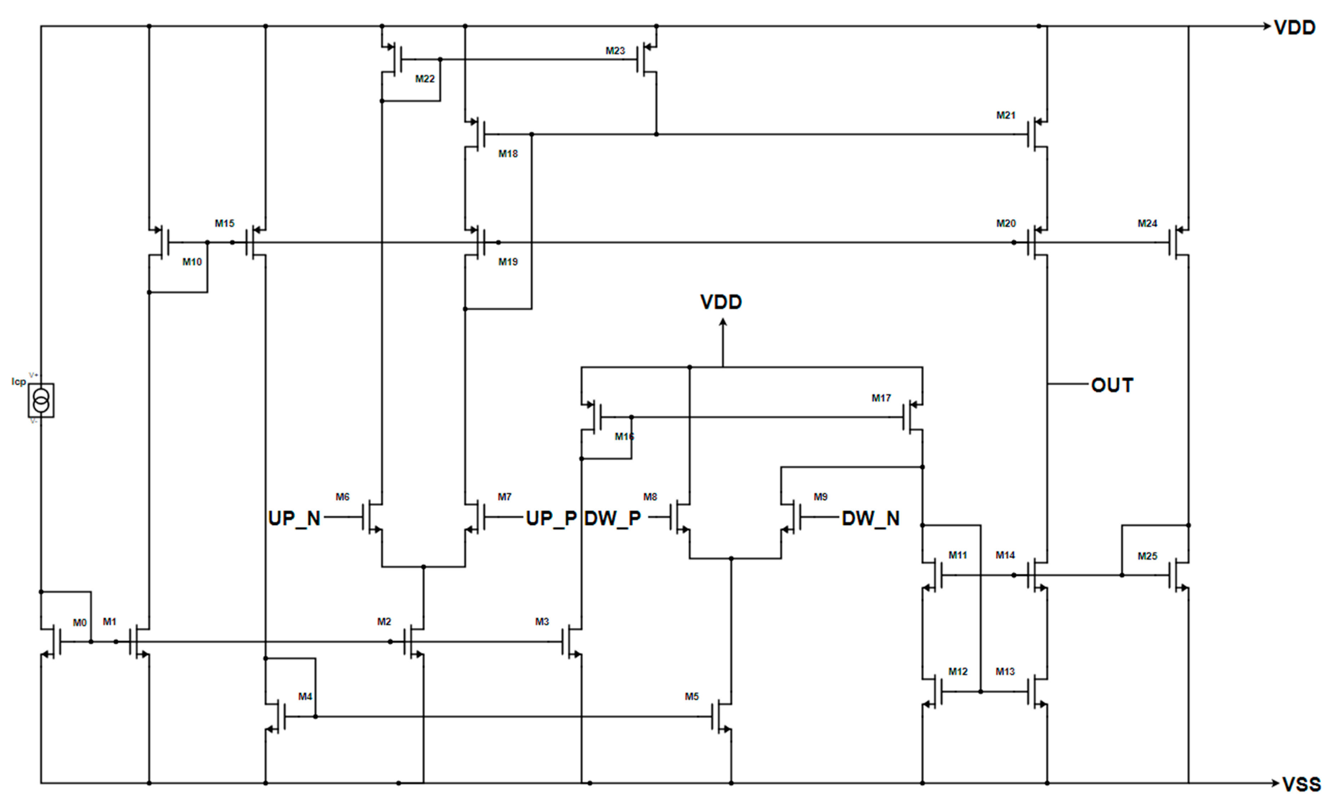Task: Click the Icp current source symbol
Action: [41, 400]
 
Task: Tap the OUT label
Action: [1112, 385]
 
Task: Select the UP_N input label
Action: [294, 518]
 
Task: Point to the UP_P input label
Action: [551, 518]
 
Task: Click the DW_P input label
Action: [613, 518]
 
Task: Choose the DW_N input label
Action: [870, 518]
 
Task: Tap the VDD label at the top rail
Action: [1294, 27]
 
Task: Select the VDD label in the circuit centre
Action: [721, 302]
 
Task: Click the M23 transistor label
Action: [615, 50]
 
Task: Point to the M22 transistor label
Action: [425, 79]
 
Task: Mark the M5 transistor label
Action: [692, 696]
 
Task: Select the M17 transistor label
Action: [881, 398]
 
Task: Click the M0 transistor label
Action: [79, 623]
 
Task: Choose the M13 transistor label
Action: [1005, 671]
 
